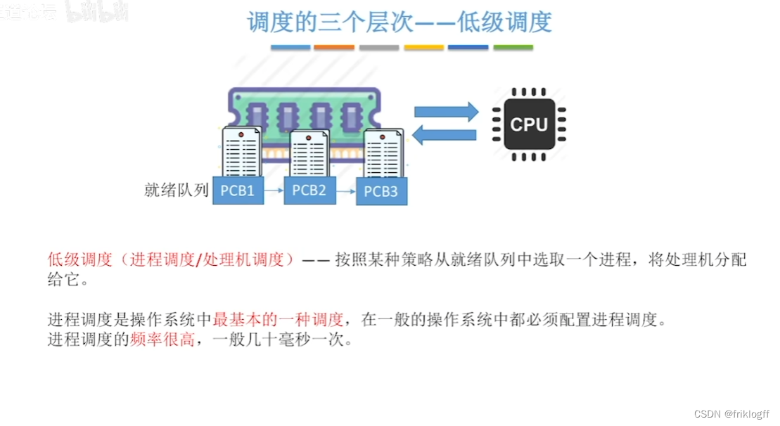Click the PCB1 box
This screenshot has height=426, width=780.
(x=237, y=191)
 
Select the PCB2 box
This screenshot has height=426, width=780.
(x=309, y=190)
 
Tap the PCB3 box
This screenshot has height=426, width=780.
(x=381, y=192)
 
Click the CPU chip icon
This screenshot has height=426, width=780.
(x=529, y=124)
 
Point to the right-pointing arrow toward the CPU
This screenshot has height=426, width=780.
(x=446, y=112)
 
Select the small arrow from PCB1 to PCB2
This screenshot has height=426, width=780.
(x=274, y=191)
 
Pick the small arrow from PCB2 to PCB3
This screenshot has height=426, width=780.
(x=346, y=191)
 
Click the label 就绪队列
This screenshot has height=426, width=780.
(x=177, y=190)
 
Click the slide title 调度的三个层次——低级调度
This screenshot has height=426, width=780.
(x=399, y=22)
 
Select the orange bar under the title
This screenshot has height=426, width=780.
(x=334, y=48)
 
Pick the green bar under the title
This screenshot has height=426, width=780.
(x=513, y=48)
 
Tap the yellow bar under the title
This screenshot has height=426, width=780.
(x=424, y=48)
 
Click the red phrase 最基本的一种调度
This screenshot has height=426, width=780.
(x=278, y=320)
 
